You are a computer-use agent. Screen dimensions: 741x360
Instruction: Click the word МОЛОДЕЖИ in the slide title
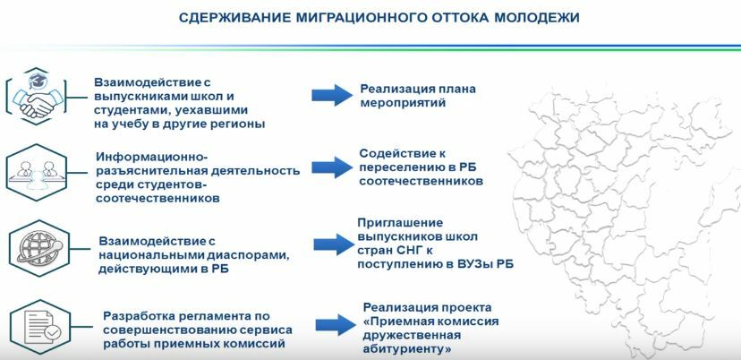pyautogui.click(x=536, y=18)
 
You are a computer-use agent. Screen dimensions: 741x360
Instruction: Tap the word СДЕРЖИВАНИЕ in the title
pyautogui.click(x=234, y=18)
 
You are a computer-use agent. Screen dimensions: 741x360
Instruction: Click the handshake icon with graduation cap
pyautogui.click(x=37, y=97)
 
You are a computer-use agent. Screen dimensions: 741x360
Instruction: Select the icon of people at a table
pyautogui.click(x=37, y=172)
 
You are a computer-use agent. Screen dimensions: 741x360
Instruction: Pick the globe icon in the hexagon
pyautogui.click(x=39, y=248)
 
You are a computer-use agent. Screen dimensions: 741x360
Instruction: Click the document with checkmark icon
pyautogui.click(x=40, y=327)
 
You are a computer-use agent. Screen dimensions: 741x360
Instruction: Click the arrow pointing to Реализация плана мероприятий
pyautogui.click(x=332, y=95)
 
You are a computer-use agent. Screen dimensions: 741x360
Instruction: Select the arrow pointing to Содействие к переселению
pyautogui.click(x=332, y=167)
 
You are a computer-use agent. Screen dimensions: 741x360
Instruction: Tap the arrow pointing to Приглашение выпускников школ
pyautogui.click(x=334, y=244)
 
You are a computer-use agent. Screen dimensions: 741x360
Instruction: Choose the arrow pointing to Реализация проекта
pyautogui.click(x=336, y=324)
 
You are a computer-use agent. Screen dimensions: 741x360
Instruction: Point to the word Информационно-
pyautogui.click(x=152, y=157)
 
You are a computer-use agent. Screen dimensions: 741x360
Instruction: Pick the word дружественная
pyautogui.click(x=412, y=336)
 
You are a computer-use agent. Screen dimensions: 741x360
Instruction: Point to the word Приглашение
pyautogui.click(x=400, y=222)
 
